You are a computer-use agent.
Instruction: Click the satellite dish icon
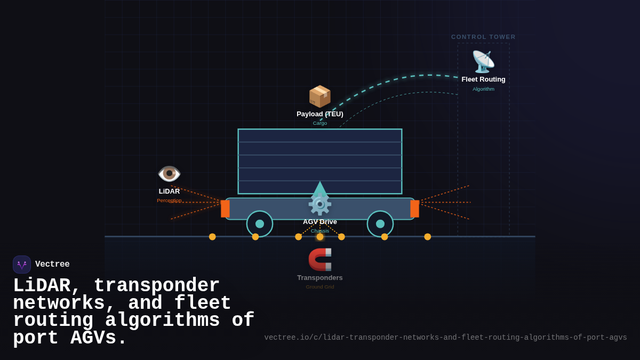pyautogui.click(x=483, y=62)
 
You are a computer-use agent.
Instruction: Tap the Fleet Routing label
pyautogui.click(x=483, y=79)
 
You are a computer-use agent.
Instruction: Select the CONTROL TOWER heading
pyautogui.click(x=483, y=37)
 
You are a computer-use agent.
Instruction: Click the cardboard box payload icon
pyautogui.click(x=320, y=97)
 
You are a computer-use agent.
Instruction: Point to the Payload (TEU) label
pyautogui.click(x=320, y=114)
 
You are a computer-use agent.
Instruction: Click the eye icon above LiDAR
pyautogui.click(x=169, y=173)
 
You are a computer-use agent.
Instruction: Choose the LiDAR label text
pyautogui.click(x=169, y=191)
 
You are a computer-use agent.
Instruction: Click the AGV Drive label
pyautogui.click(x=320, y=222)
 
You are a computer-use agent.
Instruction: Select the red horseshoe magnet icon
pyautogui.click(x=320, y=260)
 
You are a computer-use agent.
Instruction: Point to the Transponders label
pyautogui.click(x=320, y=278)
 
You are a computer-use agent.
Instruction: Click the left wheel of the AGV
pyautogui.click(x=260, y=224)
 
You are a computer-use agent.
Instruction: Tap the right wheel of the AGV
pyautogui.click(x=380, y=224)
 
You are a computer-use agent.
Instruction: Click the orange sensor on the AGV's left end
pyautogui.click(x=225, y=209)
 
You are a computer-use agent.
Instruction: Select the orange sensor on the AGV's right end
pyautogui.click(x=414, y=209)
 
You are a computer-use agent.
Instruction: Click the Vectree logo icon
pyautogui.click(x=22, y=265)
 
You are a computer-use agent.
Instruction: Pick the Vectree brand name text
pyautogui.click(x=52, y=265)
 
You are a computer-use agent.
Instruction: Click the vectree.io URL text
pyautogui.click(x=445, y=338)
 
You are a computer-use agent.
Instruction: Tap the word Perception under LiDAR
pyautogui.click(x=169, y=201)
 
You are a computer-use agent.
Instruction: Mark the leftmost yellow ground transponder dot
pyautogui.click(x=212, y=237)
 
